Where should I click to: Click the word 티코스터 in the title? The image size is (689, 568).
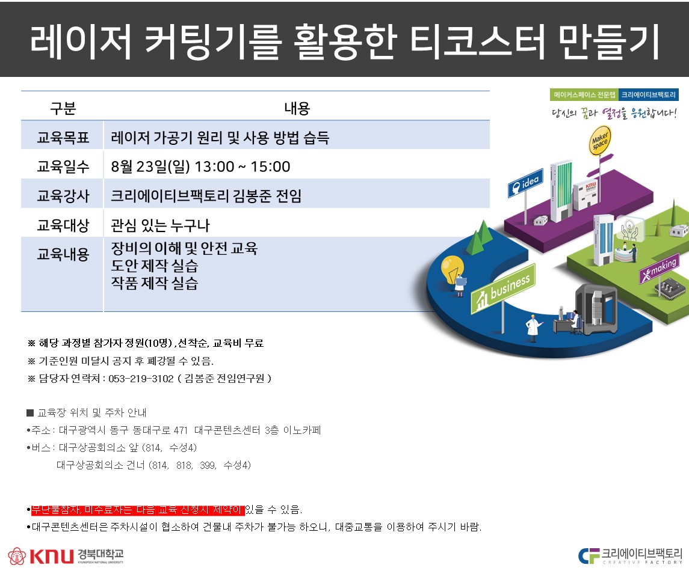(477, 41)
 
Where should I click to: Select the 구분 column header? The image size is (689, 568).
(63, 108)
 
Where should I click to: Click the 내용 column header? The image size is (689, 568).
(297, 108)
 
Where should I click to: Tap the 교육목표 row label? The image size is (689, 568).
(63, 138)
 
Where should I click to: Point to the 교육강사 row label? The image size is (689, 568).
(63, 196)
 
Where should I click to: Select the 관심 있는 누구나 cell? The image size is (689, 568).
(160, 225)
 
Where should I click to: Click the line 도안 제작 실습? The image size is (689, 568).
(154, 266)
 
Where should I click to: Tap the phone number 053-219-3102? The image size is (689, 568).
(141, 379)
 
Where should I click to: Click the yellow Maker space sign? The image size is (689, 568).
(599, 141)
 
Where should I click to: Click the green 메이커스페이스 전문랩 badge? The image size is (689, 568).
(584, 95)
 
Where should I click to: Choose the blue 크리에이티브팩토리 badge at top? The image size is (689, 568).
(649, 95)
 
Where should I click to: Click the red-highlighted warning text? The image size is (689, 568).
(138, 510)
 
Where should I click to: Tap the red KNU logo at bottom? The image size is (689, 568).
(52, 556)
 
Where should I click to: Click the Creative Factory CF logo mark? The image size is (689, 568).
(589, 556)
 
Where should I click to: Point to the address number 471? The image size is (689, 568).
(181, 430)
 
